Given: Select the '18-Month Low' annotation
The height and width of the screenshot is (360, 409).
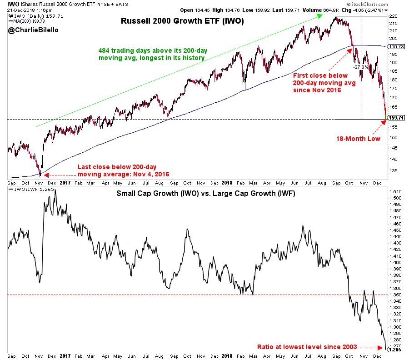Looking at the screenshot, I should click(x=358, y=139).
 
